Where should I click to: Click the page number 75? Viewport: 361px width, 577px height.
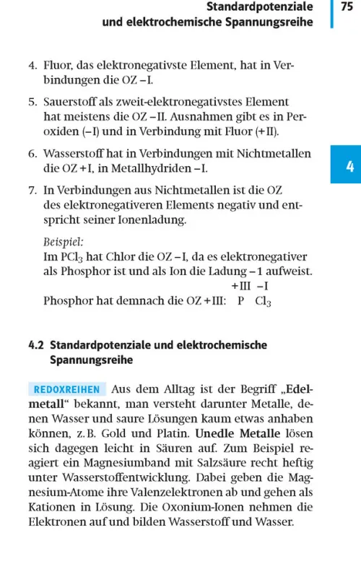point(346,7)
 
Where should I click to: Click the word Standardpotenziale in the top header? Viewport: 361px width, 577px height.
point(259,7)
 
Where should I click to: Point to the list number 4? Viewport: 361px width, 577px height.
point(32,66)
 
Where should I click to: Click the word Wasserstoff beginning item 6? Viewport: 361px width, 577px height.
point(76,154)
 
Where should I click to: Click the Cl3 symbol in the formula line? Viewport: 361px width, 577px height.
point(263,301)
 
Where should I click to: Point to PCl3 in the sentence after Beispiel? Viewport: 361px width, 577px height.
point(72,256)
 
